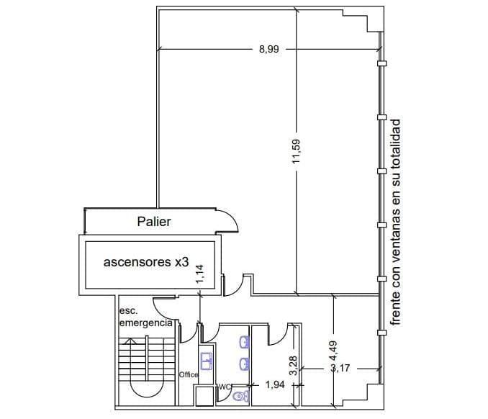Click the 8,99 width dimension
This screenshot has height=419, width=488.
[x=269, y=49]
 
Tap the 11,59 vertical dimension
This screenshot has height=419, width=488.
[x=296, y=151]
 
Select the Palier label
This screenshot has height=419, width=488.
[x=154, y=222]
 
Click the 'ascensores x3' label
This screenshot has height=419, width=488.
[x=146, y=262]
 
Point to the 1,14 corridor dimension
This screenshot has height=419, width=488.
[x=199, y=274]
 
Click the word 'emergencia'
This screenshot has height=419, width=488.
[x=146, y=323]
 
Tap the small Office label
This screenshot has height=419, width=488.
[x=189, y=375]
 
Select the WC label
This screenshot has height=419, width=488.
[x=225, y=387]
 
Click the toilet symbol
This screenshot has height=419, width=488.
[x=240, y=397]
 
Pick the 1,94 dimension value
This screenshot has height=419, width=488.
[x=275, y=384]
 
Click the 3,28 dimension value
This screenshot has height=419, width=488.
[x=294, y=366]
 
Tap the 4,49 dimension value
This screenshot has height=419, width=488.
[x=333, y=351]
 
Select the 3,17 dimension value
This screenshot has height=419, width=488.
[x=340, y=369]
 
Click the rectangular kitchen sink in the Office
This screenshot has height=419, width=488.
[x=207, y=361]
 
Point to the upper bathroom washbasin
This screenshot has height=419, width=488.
[x=244, y=342]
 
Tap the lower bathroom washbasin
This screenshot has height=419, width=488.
[x=244, y=364]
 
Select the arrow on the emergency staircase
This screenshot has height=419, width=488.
[x=130, y=341]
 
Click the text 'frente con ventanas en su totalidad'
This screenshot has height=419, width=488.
[x=396, y=222]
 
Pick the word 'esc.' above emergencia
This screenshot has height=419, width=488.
[x=129, y=311]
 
